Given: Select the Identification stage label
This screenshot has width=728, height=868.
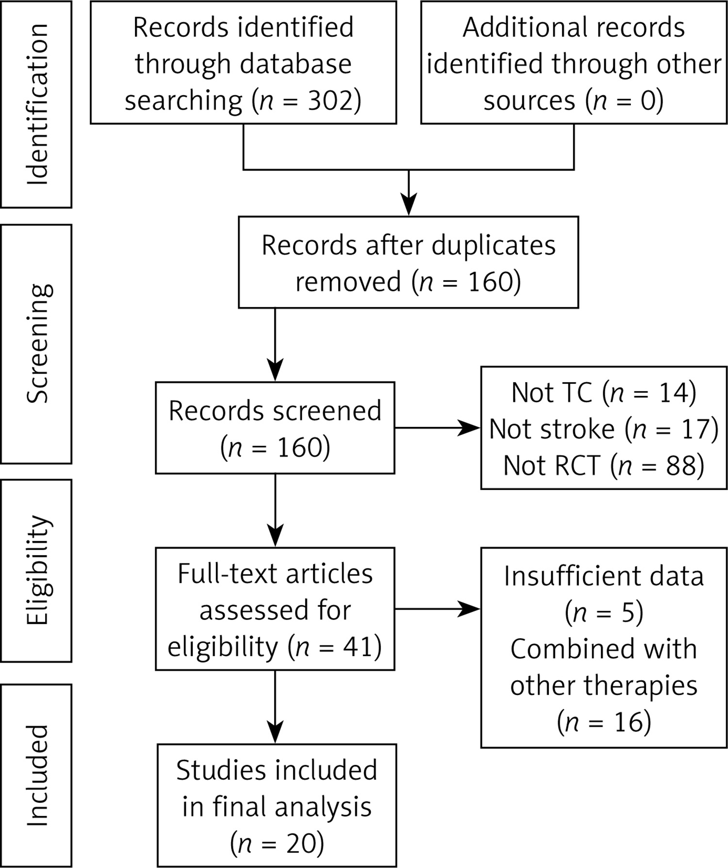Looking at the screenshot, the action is click(37, 104).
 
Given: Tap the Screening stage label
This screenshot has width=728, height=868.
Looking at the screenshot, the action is click(39, 343).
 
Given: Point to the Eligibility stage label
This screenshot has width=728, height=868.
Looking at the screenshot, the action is click(39, 570).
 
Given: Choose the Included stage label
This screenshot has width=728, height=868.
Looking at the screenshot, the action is click(37, 776).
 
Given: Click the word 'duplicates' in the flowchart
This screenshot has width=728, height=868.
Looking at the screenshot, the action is click(494, 245).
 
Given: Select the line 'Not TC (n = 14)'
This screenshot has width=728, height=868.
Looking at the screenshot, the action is click(604, 392).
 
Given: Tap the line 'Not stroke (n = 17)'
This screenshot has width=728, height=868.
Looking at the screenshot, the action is click(604, 429).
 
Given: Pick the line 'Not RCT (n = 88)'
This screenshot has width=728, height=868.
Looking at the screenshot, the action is click(604, 465).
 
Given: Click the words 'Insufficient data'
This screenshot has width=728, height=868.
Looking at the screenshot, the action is click(604, 577).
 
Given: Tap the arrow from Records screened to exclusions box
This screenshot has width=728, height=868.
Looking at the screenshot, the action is click(437, 428).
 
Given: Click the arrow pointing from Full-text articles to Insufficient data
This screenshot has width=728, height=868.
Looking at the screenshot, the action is click(437, 609).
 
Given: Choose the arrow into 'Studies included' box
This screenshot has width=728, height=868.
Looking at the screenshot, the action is click(275, 707).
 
